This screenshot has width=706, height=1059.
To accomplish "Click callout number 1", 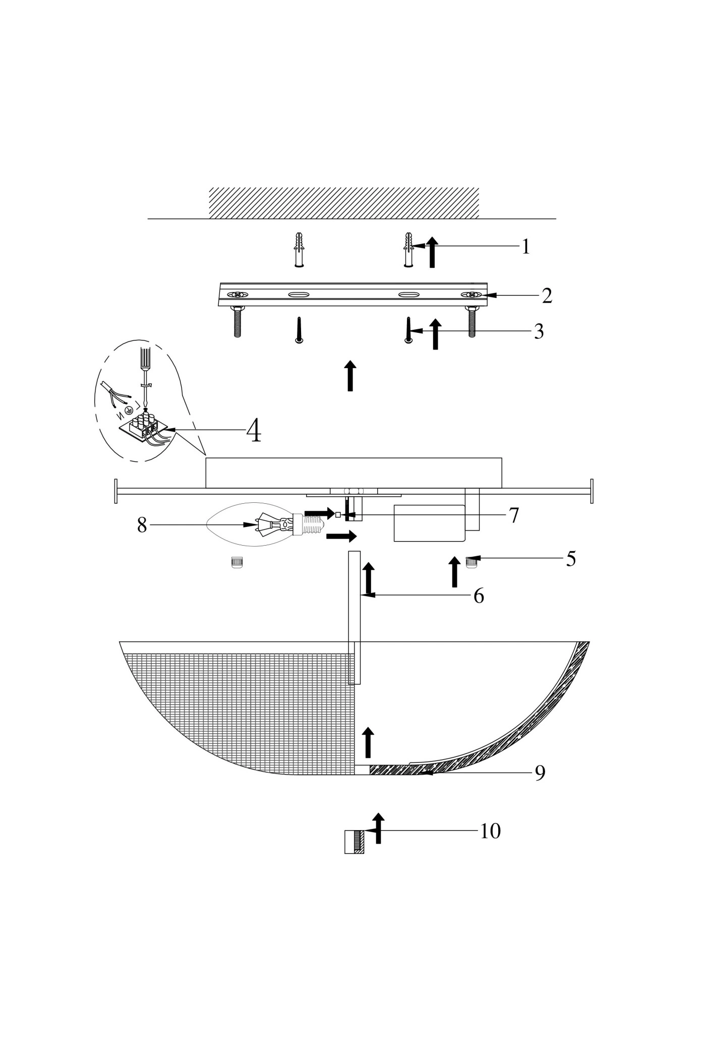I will coord(525,247).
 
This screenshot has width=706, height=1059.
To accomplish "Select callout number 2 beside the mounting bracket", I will coord(547,296).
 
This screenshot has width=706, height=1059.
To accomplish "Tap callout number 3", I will coord(539,332).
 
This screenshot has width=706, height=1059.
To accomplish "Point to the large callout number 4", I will coord(254,431).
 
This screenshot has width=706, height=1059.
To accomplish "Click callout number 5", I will coord(570,559).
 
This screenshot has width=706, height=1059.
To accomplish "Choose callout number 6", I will coord(479,596).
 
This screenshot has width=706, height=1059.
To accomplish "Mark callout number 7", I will coord(513,515).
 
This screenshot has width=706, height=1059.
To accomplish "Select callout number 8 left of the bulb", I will coord(142,525).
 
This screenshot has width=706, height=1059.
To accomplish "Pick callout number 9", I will coord(540,773).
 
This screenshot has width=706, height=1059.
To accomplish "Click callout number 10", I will coord(490,831).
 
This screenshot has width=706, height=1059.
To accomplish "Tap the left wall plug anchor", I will coord(299,250).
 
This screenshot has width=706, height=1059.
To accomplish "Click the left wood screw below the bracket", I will coord(299,331).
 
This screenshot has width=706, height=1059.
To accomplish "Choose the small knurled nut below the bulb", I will coord(236,562).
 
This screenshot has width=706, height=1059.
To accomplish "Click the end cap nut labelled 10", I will coord(354,842).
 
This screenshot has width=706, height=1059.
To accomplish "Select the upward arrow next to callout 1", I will coord(432,252).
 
